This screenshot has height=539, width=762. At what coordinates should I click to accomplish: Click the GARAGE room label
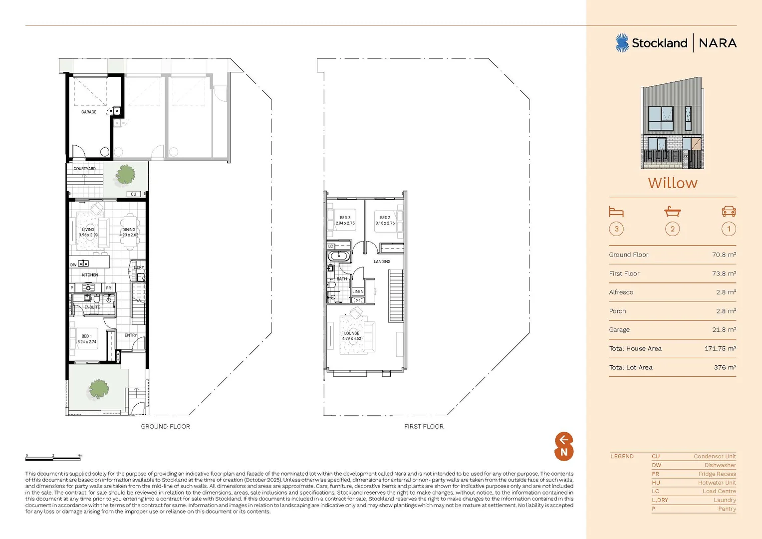point(89,112)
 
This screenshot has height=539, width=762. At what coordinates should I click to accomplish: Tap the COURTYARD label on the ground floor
point(84,169)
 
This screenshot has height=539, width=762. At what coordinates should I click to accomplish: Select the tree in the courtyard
point(125,175)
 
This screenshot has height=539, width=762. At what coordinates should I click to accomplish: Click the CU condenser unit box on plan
point(133,194)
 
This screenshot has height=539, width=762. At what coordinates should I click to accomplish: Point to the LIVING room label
point(88,230)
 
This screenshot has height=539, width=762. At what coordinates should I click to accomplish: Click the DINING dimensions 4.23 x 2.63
point(129,235)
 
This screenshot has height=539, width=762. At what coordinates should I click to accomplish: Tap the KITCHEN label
point(90,275)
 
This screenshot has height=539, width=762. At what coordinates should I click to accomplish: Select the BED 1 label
point(86,336)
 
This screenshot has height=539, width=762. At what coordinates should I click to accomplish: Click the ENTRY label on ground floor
point(131,335)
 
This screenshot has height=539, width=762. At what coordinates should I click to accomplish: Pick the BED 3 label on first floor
point(345,218)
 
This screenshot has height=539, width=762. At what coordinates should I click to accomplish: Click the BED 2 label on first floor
point(385,218)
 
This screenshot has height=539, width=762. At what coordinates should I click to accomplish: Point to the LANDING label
point(382,262)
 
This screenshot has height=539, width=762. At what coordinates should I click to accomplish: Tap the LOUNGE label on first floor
point(351,333)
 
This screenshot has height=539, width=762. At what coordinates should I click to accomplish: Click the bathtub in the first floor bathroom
point(339,257)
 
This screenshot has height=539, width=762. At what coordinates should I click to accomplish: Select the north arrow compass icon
point(564,446)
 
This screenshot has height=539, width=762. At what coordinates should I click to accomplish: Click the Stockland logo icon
point(622,43)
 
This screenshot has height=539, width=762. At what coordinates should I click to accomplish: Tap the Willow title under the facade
point(672,183)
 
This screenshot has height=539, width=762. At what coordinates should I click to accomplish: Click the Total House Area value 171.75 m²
point(720,349)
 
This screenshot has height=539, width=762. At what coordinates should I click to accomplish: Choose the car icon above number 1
point(729,212)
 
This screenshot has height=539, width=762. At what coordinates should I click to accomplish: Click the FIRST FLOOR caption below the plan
point(424,427)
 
